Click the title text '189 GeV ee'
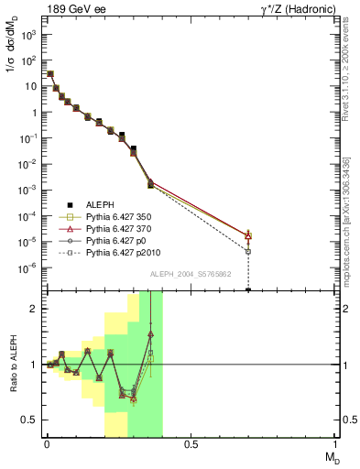pos(71,9)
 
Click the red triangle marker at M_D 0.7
pos(248,235)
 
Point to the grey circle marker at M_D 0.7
pos(248,251)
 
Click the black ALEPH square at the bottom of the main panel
pos(248,289)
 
